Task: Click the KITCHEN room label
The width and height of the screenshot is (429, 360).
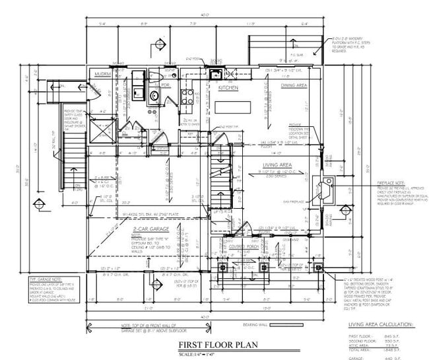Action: (x=228, y=87)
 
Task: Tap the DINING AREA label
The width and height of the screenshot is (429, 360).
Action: (x=294, y=86)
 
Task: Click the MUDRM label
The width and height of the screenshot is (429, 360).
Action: (x=102, y=75)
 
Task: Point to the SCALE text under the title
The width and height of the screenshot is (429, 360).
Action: (x=214, y=355)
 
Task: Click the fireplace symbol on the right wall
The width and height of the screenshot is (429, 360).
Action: (x=326, y=190)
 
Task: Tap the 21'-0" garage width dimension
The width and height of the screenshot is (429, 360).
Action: (x=150, y=307)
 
